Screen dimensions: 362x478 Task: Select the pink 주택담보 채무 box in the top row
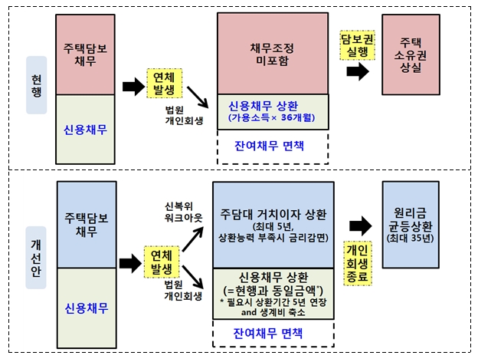pos(86,52)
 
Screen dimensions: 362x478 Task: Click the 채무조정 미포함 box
pos(271,54)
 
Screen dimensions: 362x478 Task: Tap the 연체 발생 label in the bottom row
pos(165,262)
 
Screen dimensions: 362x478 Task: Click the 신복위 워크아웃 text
pos(183,212)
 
